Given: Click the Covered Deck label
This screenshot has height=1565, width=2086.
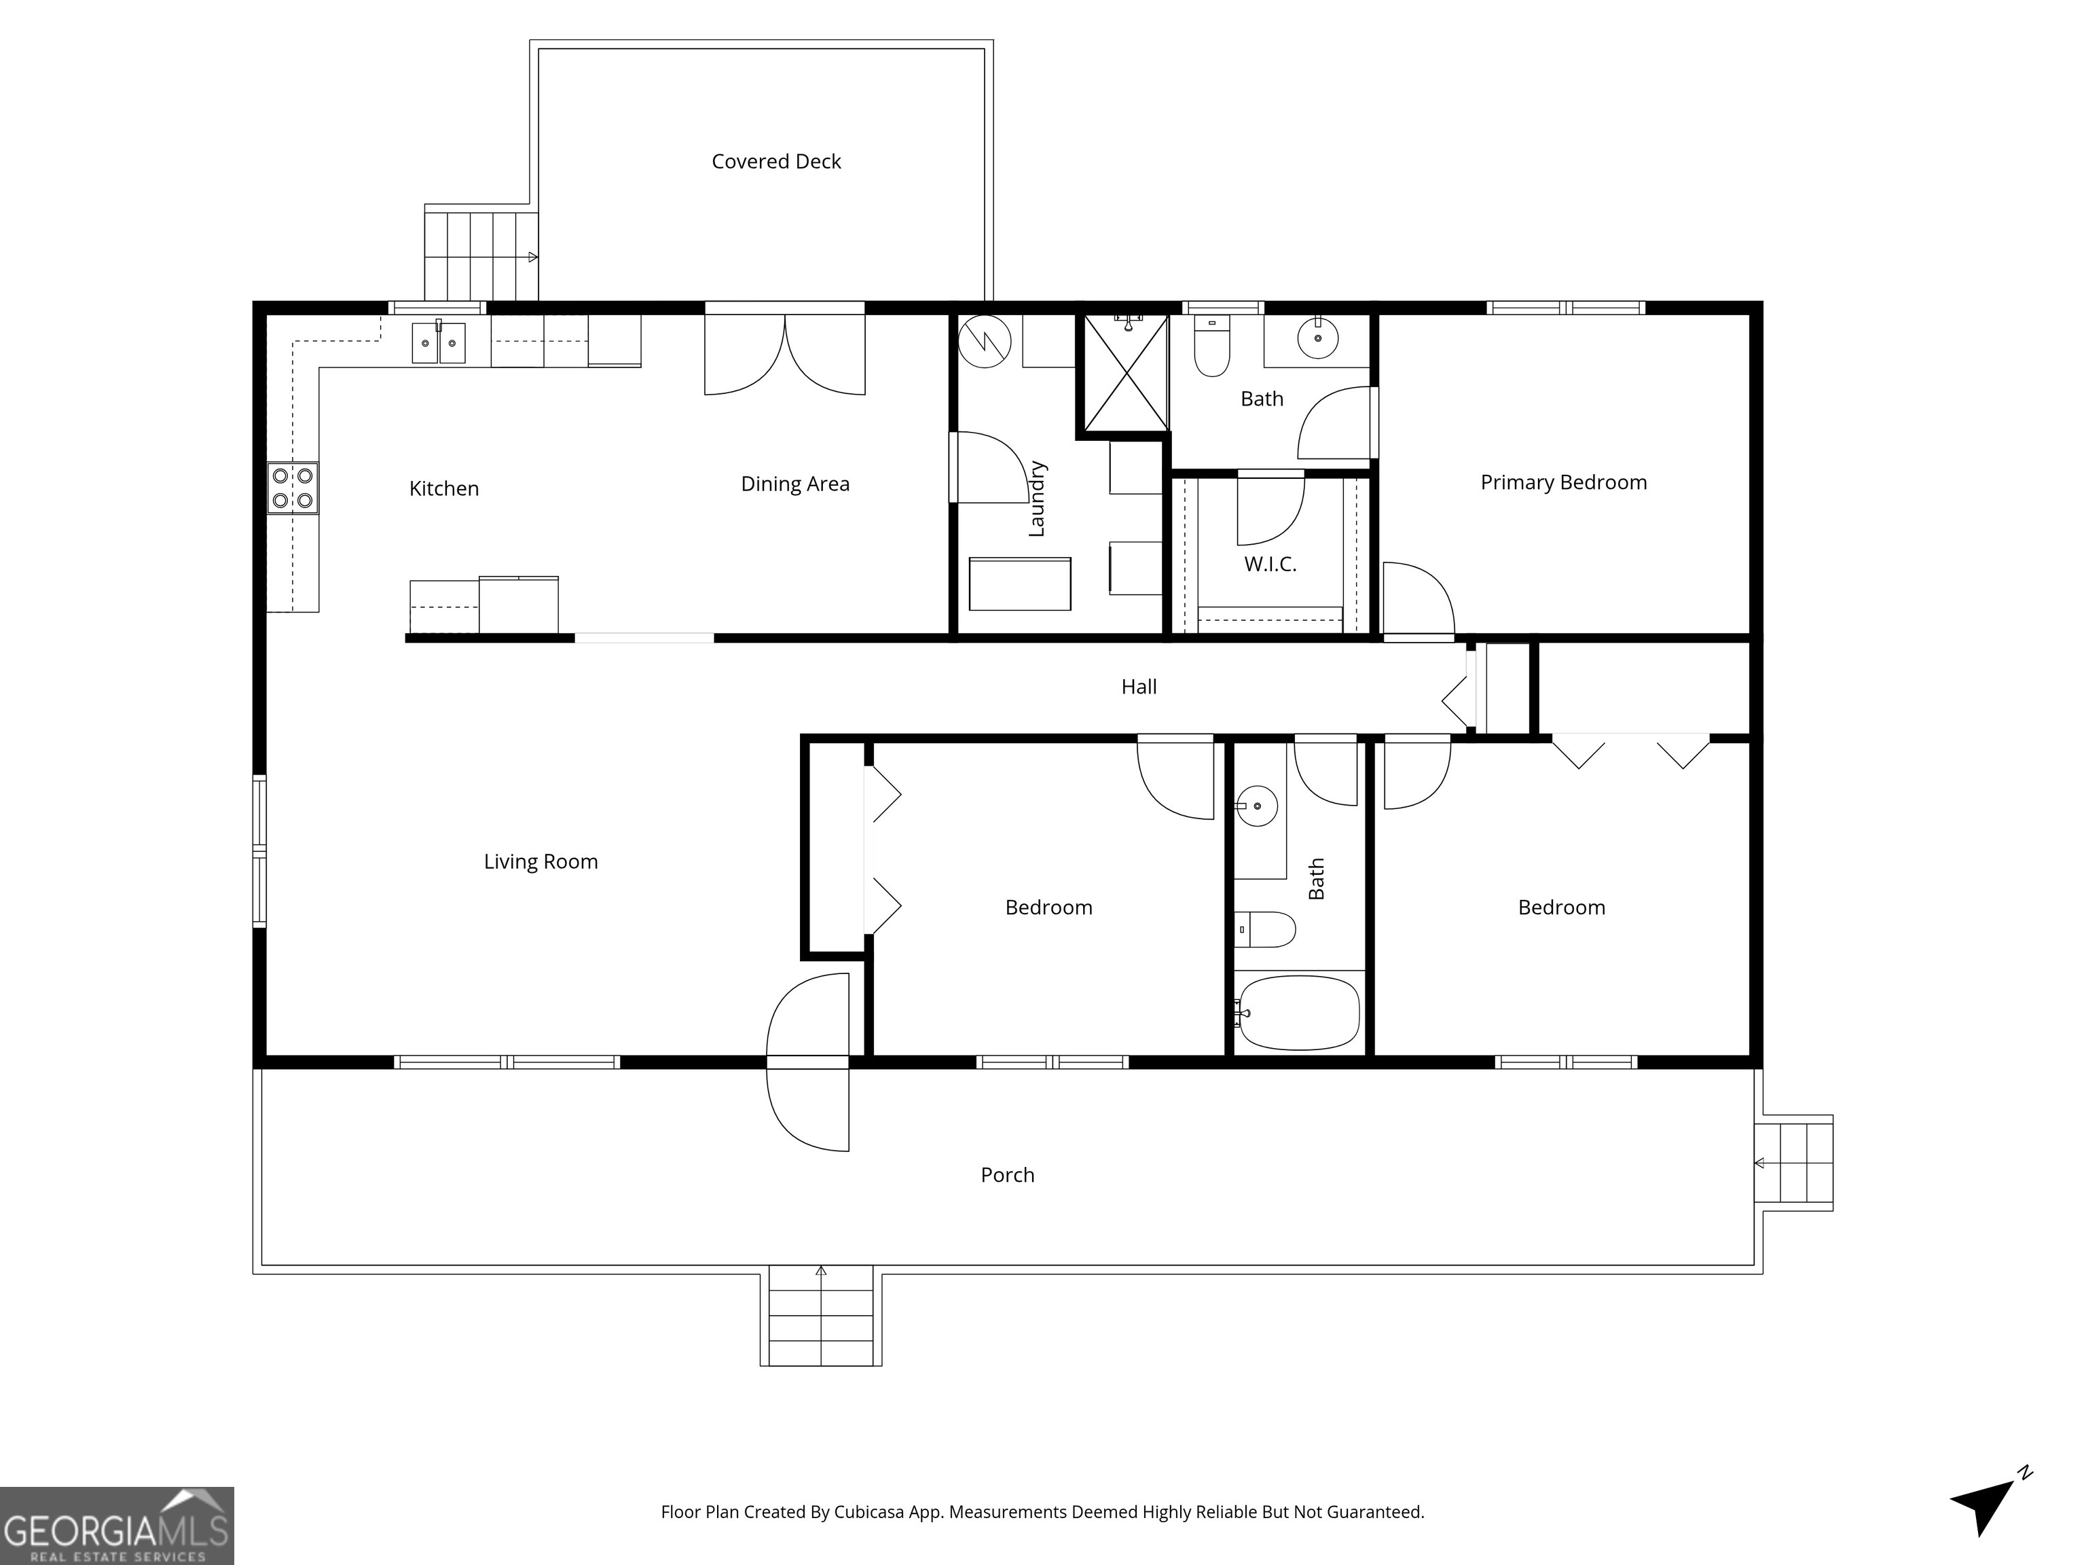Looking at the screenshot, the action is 776,161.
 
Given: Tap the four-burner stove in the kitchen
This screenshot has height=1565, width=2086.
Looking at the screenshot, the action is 293,488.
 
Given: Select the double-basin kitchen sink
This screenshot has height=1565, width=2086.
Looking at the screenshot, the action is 439,342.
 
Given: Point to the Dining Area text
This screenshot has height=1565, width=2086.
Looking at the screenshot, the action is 795,484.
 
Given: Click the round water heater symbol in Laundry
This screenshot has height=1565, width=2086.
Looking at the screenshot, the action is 985,342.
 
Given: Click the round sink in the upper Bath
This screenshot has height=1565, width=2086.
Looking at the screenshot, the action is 1317,338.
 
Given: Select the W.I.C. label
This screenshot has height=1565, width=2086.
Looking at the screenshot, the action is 1270,564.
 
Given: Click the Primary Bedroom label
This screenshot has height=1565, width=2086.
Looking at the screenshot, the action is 1564,482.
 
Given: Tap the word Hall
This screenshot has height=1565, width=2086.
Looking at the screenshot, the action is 1139,687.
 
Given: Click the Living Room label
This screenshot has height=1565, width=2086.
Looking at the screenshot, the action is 541,861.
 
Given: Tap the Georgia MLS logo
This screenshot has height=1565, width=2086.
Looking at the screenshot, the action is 116,1526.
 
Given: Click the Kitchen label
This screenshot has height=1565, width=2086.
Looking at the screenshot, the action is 444,488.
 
